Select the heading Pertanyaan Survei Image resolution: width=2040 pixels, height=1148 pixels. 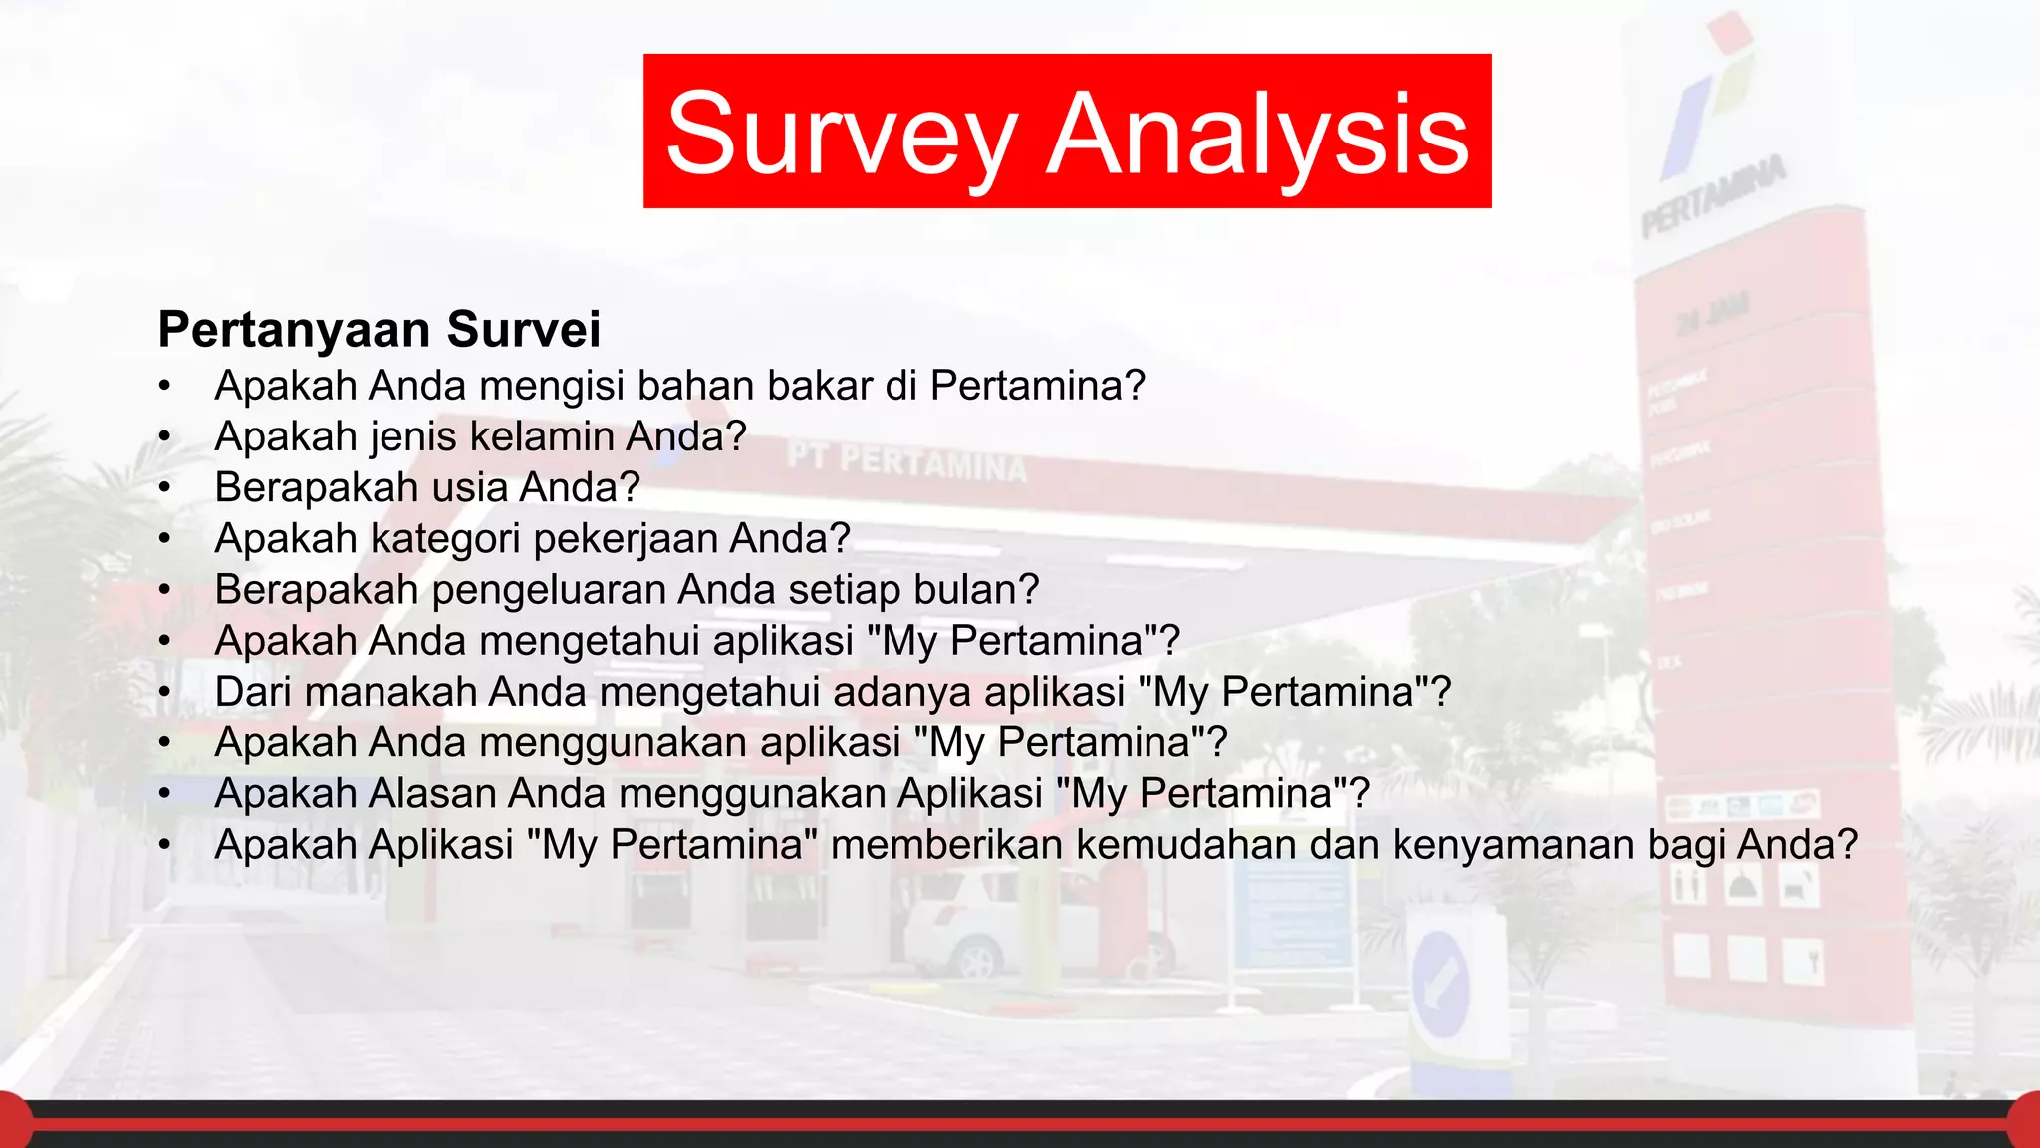pos(380,330)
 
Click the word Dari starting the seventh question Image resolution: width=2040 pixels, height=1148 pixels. pos(253,692)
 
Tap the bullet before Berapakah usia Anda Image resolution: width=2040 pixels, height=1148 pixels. pos(165,488)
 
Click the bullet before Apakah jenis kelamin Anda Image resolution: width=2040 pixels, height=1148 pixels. pos(165,437)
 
